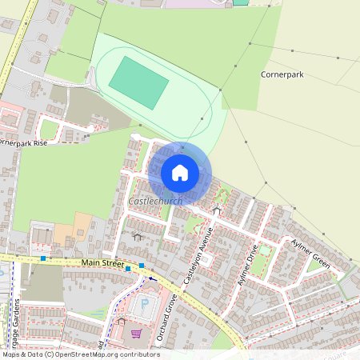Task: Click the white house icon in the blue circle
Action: point(180,172)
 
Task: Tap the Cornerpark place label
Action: point(281,74)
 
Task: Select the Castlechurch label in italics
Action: point(155,202)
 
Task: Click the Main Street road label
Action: point(102,262)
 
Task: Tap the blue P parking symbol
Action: point(144,303)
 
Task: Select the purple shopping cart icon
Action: point(137,333)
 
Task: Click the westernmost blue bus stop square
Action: point(43,258)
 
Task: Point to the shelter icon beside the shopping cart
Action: point(122,321)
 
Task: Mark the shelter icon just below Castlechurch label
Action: point(137,237)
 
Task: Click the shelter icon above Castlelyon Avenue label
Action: point(217,210)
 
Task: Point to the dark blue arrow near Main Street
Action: point(152,279)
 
